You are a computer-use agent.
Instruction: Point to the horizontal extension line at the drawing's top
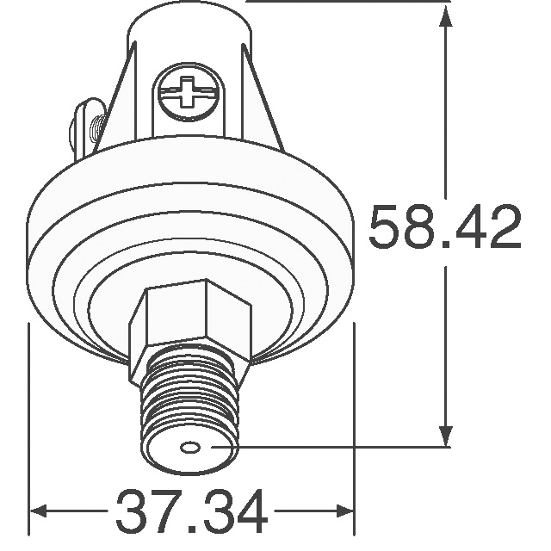tap(344, 3)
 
